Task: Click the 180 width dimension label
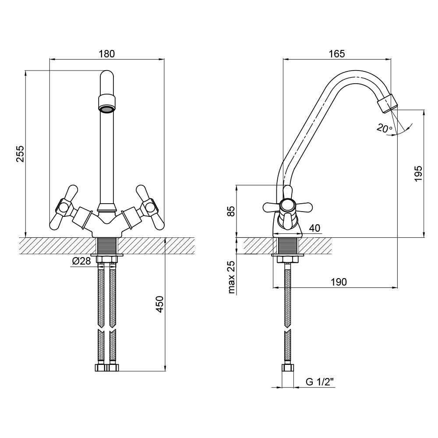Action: click(107, 53)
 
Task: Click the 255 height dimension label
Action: click(21, 154)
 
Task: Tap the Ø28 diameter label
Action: click(81, 261)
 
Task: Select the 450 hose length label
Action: click(159, 304)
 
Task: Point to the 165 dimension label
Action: click(337, 53)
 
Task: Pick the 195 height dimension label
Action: click(418, 173)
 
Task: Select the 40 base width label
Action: click(315, 228)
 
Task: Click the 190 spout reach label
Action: click(339, 282)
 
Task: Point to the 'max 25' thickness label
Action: click(232, 277)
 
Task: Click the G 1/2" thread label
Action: click(320, 381)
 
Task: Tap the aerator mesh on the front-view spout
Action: click(107, 109)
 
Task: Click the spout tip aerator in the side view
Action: click(388, 103)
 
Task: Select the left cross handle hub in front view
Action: click(64, 207)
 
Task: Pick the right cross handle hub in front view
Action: click(149, 207)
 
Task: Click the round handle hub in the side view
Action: click(287, 206)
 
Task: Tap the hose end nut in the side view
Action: click(287, 367)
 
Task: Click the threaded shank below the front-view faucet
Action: click(107, 246)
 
